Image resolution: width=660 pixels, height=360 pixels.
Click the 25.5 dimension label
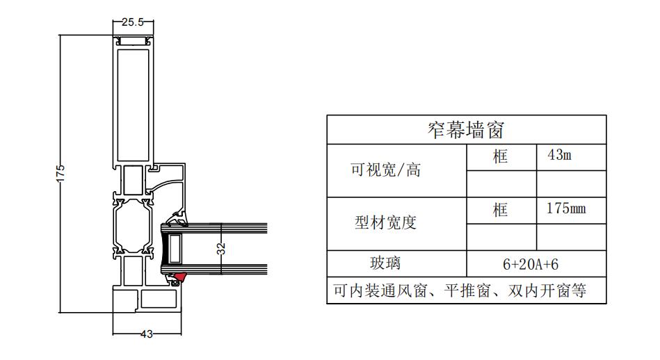click(x=133, y=22)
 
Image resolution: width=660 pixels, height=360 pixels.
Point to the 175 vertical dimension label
click(x=61, y=174)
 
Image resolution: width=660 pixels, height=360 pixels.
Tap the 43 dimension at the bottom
click(x=147, y=334)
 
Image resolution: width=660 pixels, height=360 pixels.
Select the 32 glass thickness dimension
click(x=221, y=249)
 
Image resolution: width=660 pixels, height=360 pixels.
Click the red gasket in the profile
click(x=181, y=277)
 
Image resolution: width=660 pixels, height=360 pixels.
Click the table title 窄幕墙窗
click(x=466, y=130)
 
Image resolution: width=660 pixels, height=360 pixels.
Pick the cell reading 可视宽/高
click(x=385, y=170)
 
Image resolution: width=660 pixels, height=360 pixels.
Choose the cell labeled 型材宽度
click(x=385, y=222)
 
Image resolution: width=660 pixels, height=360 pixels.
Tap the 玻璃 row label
click(x=385, y=263)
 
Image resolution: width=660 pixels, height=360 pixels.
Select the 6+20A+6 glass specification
click(x=531, y=265)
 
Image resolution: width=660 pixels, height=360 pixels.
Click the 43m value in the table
click(x=559, y=155)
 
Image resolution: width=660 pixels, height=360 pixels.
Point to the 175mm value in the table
click(x=566, y=208)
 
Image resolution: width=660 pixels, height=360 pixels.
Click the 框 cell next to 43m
click(x=501, y=156)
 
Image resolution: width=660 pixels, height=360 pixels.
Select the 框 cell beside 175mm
click(x=501, y=209)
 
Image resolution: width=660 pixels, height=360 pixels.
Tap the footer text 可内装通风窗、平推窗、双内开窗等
click(x=460, y=291)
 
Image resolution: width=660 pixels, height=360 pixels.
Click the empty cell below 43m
click(x=571, y=183)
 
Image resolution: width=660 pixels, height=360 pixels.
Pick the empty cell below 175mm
click(x=571, y=237)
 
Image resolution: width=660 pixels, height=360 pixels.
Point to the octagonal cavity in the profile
click(x=133, y=226)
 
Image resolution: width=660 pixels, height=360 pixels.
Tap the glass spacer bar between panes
click(x=175, y=249)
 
